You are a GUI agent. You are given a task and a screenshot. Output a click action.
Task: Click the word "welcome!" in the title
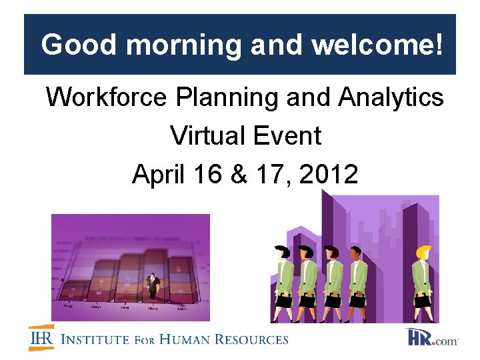pos(377,45)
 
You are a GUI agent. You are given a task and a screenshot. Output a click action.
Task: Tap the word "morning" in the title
pos(184,45)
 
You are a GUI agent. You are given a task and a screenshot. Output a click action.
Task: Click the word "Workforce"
pos(106,97)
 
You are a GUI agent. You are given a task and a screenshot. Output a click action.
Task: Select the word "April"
pos(159,175)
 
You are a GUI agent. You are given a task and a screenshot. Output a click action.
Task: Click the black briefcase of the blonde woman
pos(422,302)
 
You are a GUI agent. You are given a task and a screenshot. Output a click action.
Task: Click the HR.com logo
pos(432,338)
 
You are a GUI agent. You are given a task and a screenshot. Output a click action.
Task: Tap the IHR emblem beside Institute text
pos(41,338)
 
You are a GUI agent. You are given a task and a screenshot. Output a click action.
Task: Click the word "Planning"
pos(227,97)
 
